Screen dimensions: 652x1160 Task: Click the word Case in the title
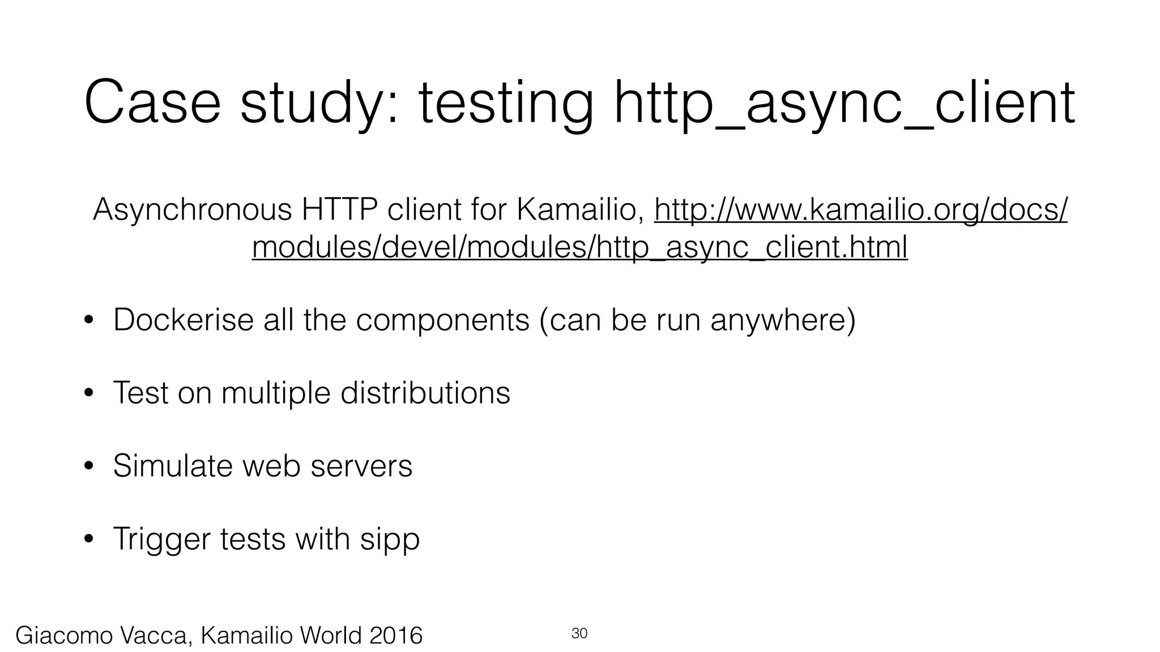click(x=152, y=102)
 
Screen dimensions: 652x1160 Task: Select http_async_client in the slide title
click(x=845, y=102)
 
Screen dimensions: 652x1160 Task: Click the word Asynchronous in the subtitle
click(x=192, y=210)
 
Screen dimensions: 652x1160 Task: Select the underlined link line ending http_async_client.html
click(x=579, y=247)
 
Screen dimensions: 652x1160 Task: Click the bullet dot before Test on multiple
click(x=88, y=394)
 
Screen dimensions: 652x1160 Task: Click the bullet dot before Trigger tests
click(x=88, y=540)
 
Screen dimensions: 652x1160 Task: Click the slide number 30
click(x=579, y=633)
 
